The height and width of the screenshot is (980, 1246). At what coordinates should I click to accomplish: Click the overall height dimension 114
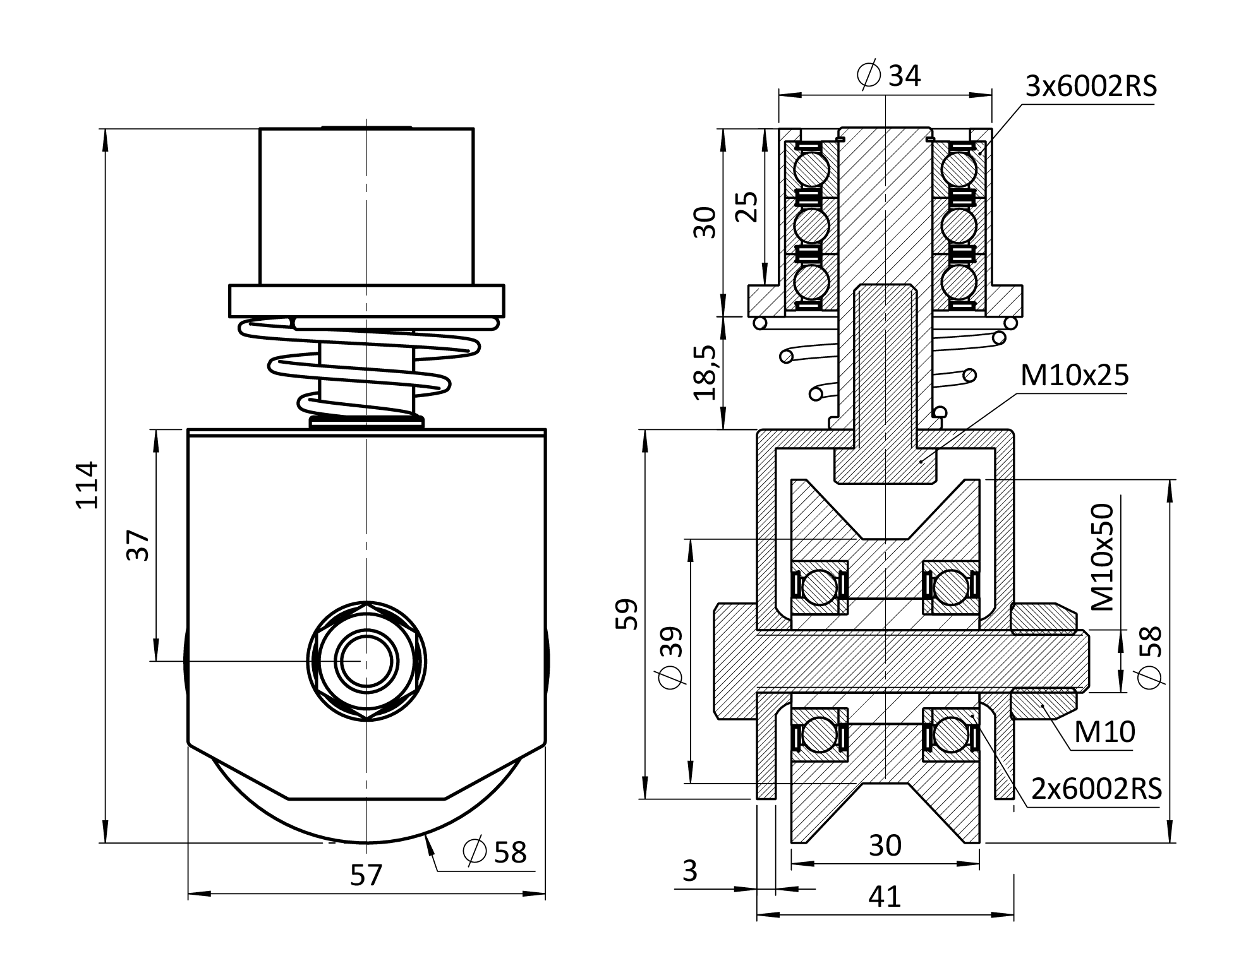click(x=87, y=484)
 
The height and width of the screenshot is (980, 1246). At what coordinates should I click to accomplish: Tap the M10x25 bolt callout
click(x=1074, y=376)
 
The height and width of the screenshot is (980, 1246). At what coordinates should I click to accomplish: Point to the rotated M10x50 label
click(x=1103, y=557)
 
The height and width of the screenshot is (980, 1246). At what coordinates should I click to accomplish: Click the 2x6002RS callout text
click(x=1096, y=789)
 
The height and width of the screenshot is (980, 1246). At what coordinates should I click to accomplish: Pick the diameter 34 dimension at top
click(x=889, y=76)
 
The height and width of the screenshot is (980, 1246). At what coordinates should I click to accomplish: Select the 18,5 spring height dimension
click(x=706, y=373)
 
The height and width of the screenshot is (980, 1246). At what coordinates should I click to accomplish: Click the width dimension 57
click(x=366, y=875)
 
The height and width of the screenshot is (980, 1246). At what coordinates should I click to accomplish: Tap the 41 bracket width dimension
click(x=884, y=897)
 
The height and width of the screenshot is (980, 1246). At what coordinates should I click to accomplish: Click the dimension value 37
click(x=138, y=546)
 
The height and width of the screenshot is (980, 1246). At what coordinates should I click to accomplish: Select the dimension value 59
click(x=627, y=614)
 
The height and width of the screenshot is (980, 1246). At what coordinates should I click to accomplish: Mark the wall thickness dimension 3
click(x=690, y=871)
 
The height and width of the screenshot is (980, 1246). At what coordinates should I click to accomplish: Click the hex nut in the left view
click(x=366, y=661)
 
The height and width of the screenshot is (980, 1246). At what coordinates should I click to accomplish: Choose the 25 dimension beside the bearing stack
click(x=747, y=206)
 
